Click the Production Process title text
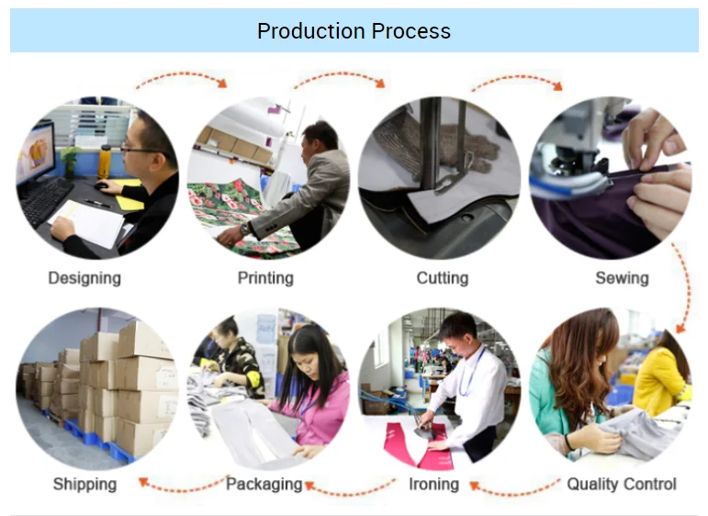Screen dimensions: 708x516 (x=354, y=31)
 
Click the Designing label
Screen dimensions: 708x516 (x=84, y=276)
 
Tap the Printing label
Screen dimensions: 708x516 (x=265, y=276)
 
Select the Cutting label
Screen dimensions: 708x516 (x=442, y=276)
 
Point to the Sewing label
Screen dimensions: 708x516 (x=621, y=276)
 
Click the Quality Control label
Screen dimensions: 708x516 (x=621, y=483)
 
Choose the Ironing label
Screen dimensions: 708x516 (x=433, y=483)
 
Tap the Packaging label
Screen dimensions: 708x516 (x=264, y=483)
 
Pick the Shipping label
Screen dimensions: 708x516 (x=84, y=483)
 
